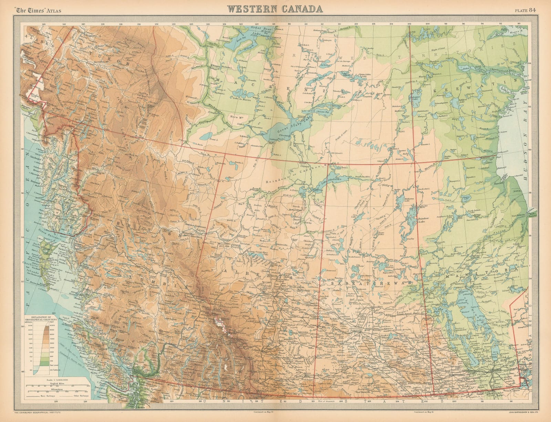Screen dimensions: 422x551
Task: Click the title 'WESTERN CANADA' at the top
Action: (274, 9)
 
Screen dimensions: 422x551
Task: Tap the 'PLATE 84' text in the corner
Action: (528, 9)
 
